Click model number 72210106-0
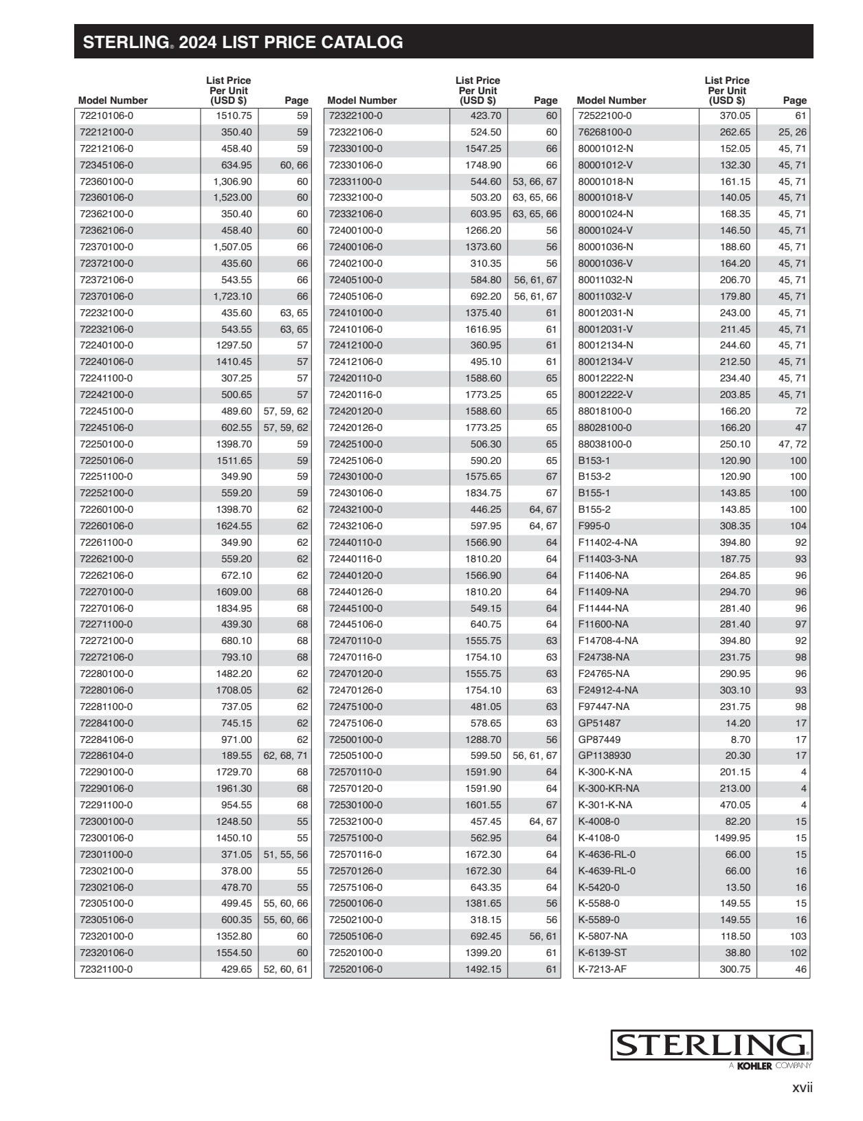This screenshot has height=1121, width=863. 107,116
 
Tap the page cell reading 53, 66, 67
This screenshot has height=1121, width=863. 535,181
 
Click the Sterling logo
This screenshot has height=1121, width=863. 711,1045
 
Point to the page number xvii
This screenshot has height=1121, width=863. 802,1088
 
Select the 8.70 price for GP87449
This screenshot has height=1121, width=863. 740,740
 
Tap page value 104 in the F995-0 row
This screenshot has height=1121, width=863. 798,526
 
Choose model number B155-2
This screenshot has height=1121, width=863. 594,509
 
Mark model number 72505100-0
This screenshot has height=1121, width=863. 355,755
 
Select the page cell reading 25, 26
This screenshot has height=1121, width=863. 792,132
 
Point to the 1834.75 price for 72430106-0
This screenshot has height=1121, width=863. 483,493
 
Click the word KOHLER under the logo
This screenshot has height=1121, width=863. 754,1066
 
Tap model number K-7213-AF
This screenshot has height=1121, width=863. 602,969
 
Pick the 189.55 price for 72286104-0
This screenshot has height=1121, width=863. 236,755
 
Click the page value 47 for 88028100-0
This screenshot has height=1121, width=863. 800,428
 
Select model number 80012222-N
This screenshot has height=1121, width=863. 605,378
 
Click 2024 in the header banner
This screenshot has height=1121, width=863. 198,43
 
